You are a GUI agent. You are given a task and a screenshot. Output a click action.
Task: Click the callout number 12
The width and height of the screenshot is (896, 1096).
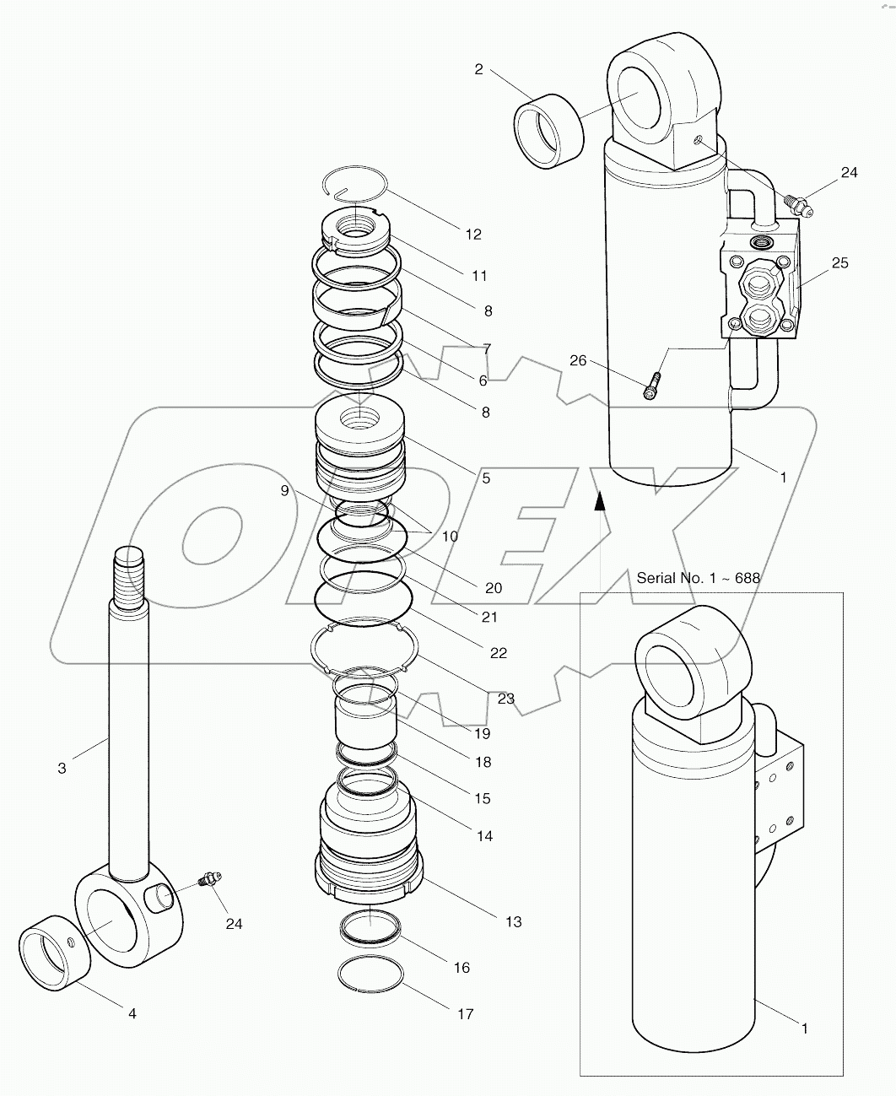[x=472, y=235]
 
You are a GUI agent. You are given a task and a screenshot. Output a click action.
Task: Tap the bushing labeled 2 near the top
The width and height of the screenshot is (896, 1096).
[x=548, y=130]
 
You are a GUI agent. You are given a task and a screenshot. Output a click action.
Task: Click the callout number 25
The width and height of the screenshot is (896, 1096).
[x=839, y=263]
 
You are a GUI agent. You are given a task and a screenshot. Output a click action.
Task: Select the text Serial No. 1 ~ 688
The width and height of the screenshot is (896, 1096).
[x=698, y=578]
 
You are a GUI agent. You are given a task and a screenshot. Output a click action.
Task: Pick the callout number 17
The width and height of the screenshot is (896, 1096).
[x=466, y=1014]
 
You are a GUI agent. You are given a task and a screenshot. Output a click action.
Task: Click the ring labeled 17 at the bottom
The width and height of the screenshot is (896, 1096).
[x=370, y=975]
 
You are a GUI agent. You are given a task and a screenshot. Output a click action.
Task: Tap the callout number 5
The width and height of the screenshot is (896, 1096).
[x=485, y=478]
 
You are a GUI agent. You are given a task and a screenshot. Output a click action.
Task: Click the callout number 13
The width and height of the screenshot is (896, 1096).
[x=513, y=921]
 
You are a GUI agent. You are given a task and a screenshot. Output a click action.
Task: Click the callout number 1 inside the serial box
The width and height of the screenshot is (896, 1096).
[x=803, y=1029]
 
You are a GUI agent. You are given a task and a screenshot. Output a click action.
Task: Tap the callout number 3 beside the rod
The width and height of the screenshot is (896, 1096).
[x=62, y=768]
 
